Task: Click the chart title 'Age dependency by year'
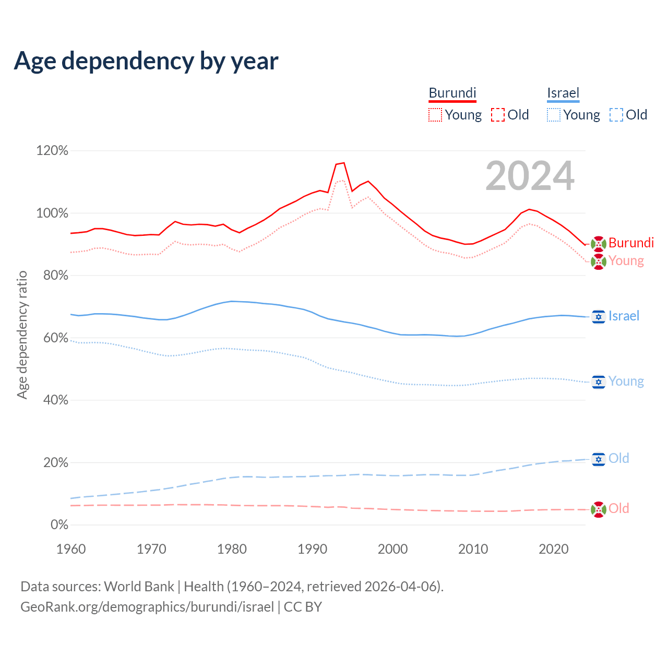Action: (146, 61)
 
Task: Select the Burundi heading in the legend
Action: (452, 93)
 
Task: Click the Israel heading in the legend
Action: (563, 93)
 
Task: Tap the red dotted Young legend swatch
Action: (435, 115)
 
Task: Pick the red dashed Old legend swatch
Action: (498, 115)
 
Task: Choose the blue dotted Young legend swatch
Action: (554, 115)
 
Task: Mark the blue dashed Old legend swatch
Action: (616, 115)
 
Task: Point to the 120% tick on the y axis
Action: (52, 151)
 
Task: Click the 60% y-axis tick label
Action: (56, 338)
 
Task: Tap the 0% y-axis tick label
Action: (59, 525)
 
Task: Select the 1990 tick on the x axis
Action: (312, 549)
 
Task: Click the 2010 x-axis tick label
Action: (473, 549)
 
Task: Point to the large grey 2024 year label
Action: (530, 176)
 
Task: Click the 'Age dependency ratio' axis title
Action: (22, 335)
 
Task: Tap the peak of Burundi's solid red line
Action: (343, 163)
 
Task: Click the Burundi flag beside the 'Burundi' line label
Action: (598, 243)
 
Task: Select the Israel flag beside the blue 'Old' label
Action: (598, 459)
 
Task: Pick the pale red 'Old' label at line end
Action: (618, 508)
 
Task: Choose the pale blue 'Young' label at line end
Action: (626, 381)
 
